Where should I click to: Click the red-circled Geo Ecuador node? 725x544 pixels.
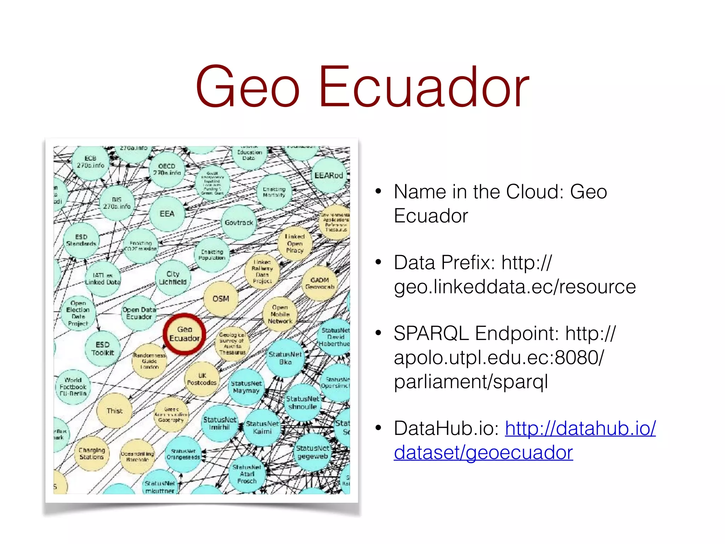point(184,334)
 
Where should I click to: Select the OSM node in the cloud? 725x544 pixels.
point(221,299)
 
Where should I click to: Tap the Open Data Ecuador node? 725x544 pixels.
point(139,313)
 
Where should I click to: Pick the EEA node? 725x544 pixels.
point(167,214)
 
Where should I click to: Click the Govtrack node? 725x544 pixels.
point(239,222)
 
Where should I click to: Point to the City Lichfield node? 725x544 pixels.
point(173,278)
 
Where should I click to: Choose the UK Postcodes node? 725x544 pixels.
point(202,379)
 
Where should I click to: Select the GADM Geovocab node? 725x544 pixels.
point(320,283)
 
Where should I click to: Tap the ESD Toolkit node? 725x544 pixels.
point(103,349)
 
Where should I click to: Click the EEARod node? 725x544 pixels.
point(329,175)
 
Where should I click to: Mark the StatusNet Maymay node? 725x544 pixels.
point(246,387)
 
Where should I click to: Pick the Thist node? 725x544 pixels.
point(114,411)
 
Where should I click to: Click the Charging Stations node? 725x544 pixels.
point(92,453)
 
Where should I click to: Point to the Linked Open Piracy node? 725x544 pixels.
point(295,243)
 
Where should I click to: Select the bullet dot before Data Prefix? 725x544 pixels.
point(378,262)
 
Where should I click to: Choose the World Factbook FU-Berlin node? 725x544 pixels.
point(73,387)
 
